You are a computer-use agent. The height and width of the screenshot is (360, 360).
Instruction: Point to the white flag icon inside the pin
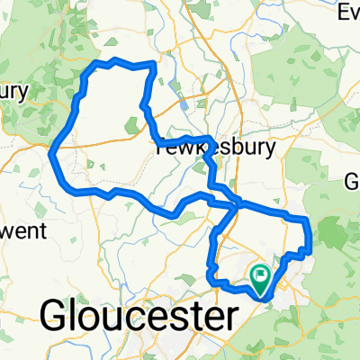coord(262,274)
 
